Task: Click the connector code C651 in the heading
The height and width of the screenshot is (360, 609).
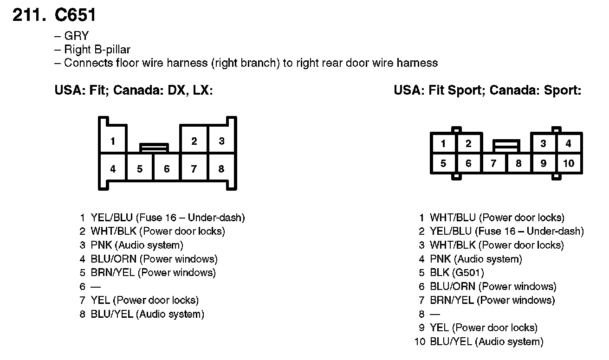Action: pyautogui.click(x=75, y=15)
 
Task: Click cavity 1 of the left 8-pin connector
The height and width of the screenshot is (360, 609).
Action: pyautogui.click(x=113, y=141)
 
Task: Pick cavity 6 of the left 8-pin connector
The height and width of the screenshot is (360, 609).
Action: pyautogui.click(x=167, y=169)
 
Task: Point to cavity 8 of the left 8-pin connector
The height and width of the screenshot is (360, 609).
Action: pyautogui.click(x=221, y=169)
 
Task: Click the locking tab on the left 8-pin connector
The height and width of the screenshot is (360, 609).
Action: pyautogui.click(x=154, y=147)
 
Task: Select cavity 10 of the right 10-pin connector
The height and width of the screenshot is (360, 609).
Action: pyautogui.click(x=569, y=163)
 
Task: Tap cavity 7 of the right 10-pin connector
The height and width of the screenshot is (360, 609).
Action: pyautogui.click(x=493, y=163)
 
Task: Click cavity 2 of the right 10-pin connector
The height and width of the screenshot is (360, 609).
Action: pyautogui.click(x=468, y=143)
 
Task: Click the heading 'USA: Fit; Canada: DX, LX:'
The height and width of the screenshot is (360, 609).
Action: pyautogui.click(x=134, y=90)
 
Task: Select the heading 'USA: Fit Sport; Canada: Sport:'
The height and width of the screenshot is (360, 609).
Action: pyautogui.click(x=487, y=90)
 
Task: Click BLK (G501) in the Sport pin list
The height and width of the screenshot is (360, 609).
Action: pyautogui.click(x=456, y=273)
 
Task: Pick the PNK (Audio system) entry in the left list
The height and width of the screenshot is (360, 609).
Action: pyautogui.click(x=136, y=245)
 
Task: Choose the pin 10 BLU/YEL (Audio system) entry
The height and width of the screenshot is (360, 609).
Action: pyautogui.click(x=486, y=342)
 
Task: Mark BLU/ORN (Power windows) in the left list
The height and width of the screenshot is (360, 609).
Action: pyautogui.click(x=154, y=259)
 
